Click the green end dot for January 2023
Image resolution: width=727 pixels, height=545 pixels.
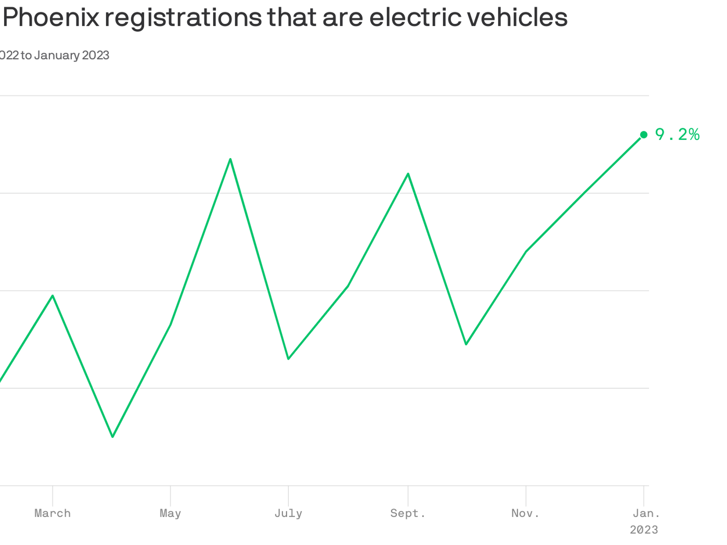[643, 134]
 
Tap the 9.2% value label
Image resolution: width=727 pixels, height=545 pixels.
[677, 134]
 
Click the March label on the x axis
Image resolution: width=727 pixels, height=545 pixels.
[53, 513]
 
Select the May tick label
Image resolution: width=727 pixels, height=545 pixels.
[170, 513]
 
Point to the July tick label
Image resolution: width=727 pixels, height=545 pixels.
[288, 513]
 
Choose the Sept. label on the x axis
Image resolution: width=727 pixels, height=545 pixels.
[408, 513]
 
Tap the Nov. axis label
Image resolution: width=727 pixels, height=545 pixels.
[526, 513]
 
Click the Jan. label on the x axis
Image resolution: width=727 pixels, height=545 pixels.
[646, 513]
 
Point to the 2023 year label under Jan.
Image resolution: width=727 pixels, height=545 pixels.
[644, 530]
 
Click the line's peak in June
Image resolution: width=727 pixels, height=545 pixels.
[230, 159]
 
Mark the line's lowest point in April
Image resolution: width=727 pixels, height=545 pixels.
[113, 437]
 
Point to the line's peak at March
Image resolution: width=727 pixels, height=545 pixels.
[53, 296]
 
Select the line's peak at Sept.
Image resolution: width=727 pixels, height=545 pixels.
[408, 173]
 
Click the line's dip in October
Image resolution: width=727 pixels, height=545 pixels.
[466, 344]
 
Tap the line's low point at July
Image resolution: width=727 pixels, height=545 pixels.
[288, 359]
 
